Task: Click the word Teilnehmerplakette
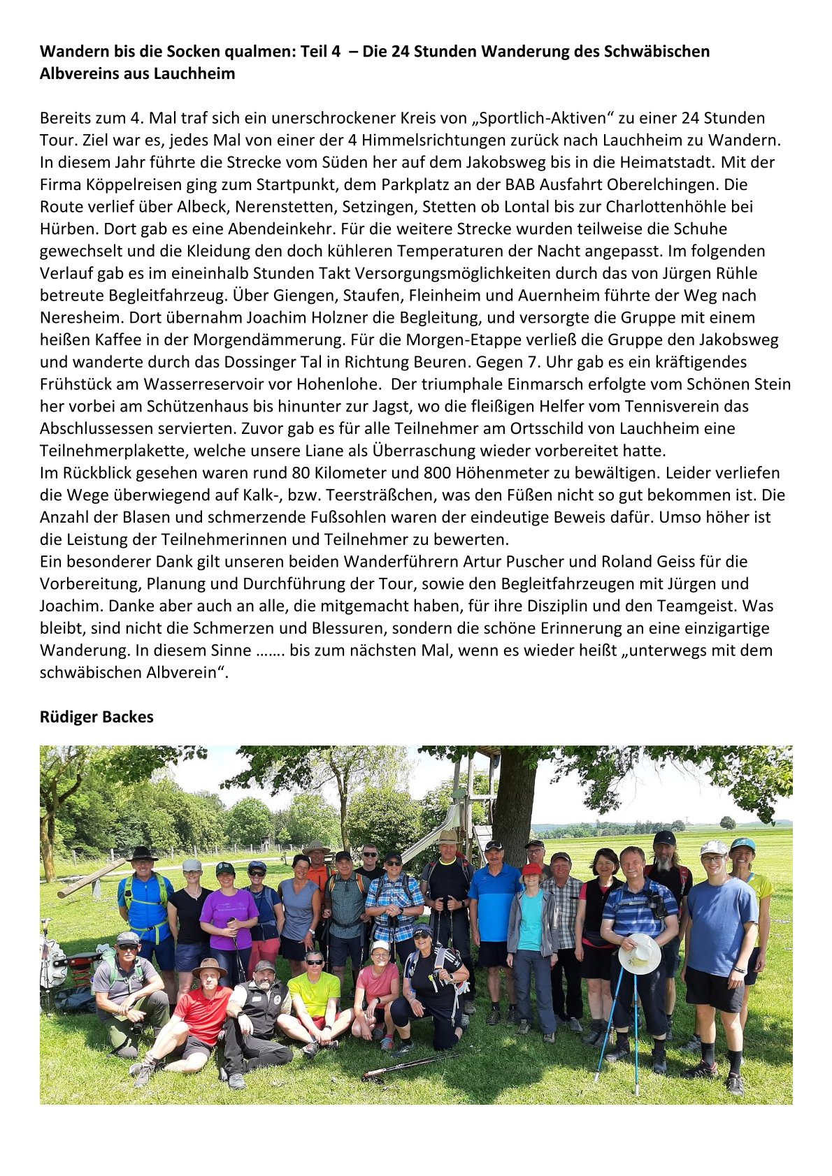110,451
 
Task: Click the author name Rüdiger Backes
96,717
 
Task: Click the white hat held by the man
640,953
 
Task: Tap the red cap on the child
532,869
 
